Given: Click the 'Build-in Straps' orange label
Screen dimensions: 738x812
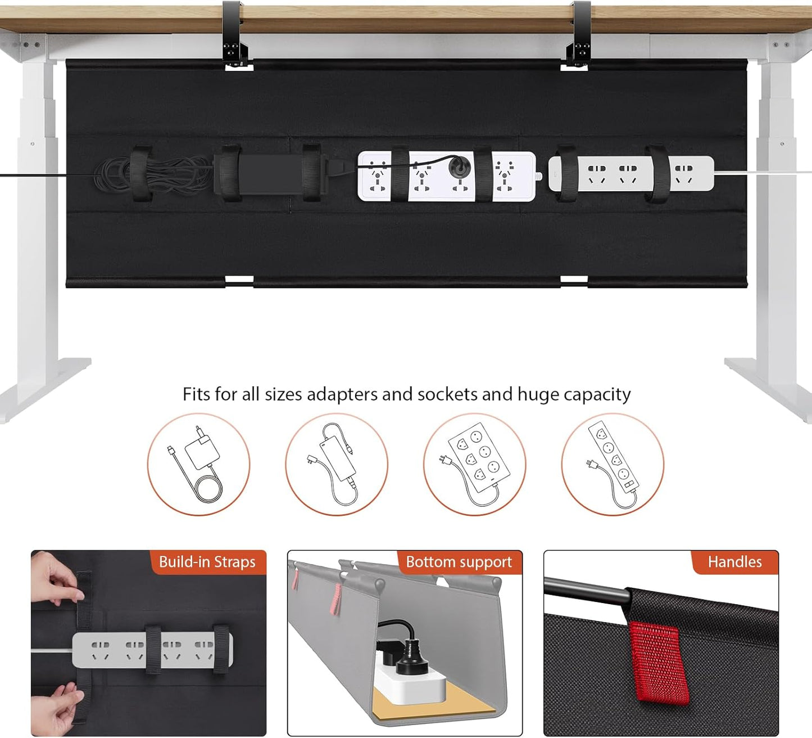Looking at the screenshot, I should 207,562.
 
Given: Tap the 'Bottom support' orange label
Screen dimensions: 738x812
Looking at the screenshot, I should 459,562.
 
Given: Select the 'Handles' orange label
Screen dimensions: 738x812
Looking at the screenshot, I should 734,562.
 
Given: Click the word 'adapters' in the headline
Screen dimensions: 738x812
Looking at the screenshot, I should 342,395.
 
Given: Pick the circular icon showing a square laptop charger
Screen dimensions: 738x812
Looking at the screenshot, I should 199,465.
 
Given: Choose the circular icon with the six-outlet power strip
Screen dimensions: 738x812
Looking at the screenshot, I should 475,465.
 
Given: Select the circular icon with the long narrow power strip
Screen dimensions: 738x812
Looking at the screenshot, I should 613,465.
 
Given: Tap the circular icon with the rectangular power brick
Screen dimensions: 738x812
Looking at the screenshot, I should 337,465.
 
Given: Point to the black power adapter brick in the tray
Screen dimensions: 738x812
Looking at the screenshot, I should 270,174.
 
